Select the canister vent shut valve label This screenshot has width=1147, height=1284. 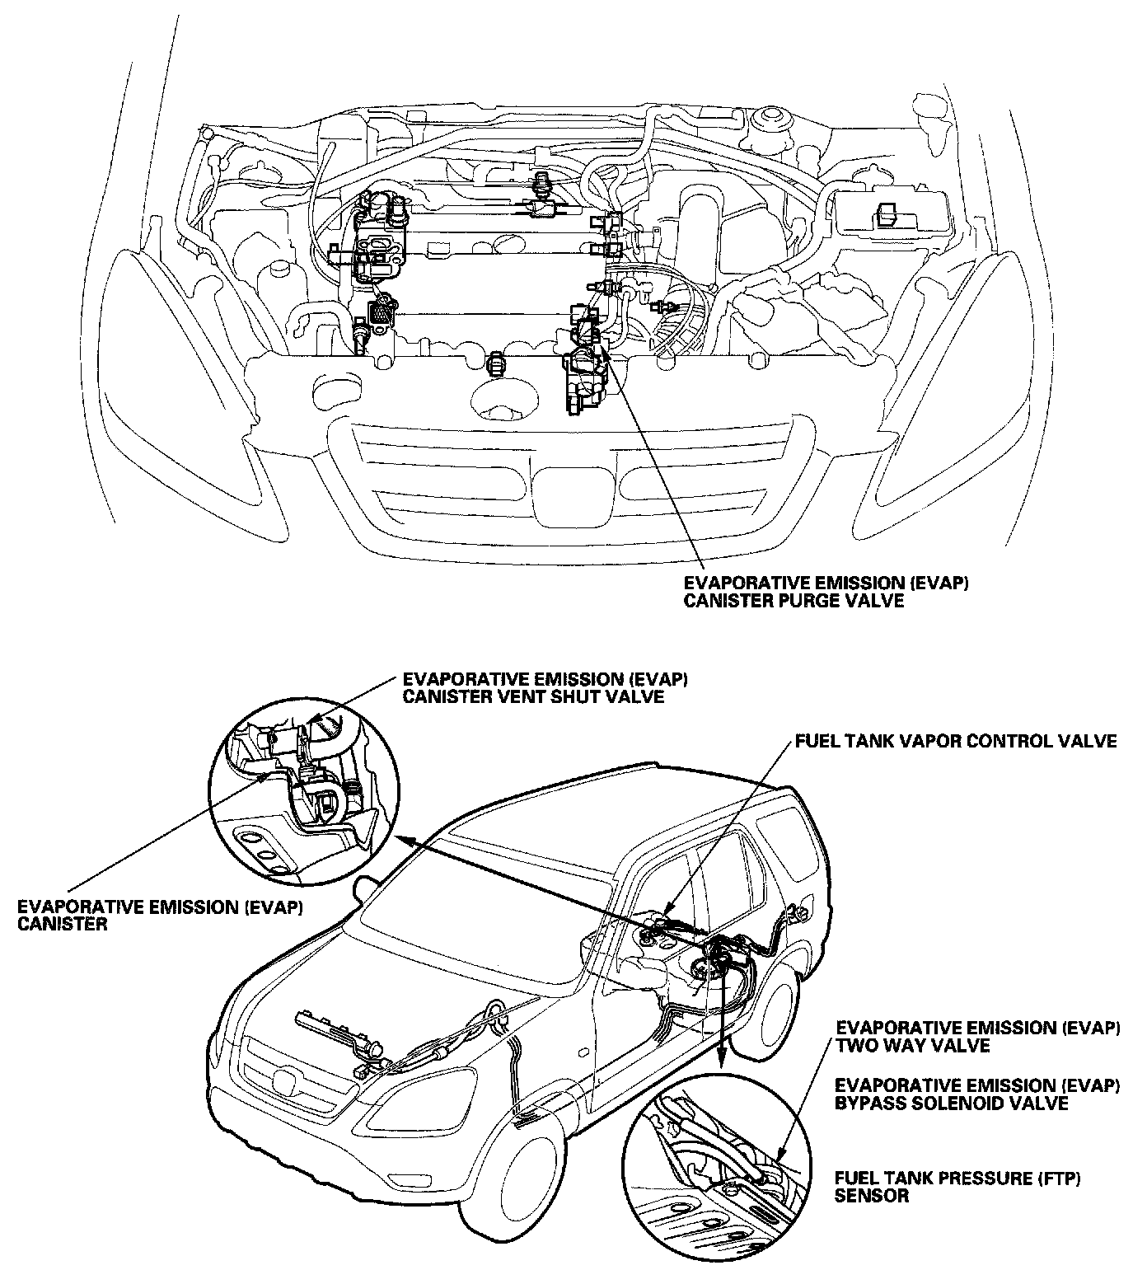point(545,688)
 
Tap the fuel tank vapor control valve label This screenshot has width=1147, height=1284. point(956,741)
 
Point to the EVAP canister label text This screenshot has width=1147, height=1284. point(161,915)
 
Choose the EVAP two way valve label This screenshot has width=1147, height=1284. point(978,1037)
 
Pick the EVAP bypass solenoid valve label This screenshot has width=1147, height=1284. point(978,1093)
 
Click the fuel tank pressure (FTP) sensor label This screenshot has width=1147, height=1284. point(957,1187)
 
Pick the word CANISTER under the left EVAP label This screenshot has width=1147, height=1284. point(63,924)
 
